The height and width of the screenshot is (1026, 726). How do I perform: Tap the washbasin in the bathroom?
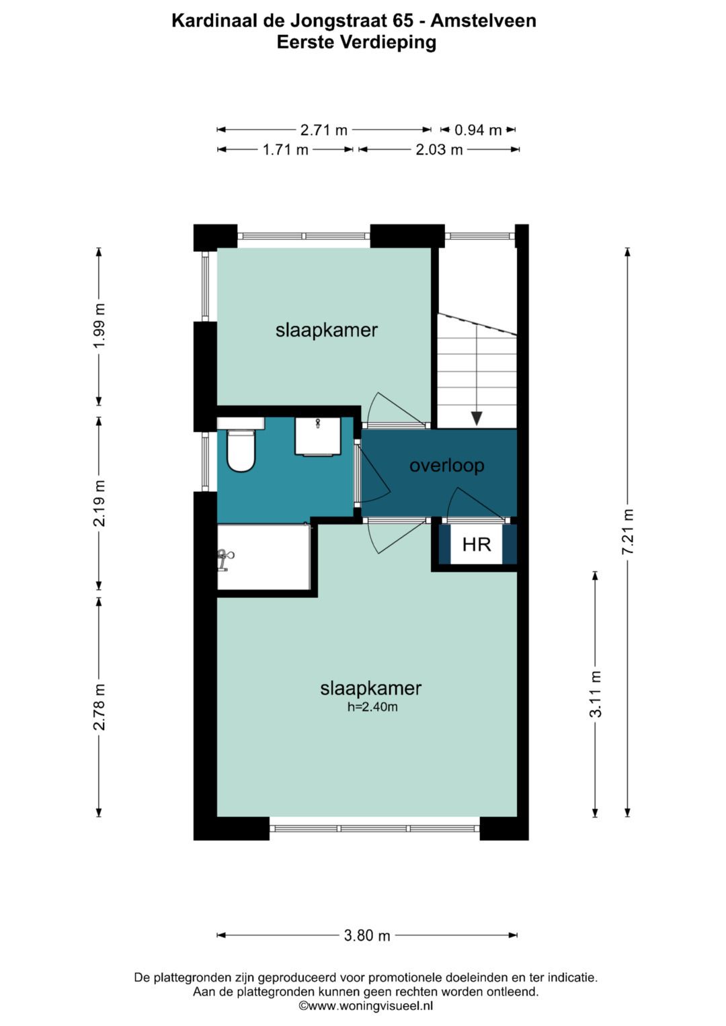(x=317, y=435)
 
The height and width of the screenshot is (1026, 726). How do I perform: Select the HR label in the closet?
(x=477, y=544)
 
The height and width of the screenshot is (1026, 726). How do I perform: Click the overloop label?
(x=446, y=465)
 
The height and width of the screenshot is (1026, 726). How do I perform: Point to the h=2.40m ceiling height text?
(x=372, y=707)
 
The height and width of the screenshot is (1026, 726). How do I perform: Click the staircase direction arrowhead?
(x=477, y=418)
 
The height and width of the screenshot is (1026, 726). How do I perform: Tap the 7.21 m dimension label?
(x=628, y=532)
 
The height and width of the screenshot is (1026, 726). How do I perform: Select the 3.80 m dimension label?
(x=367, y=935)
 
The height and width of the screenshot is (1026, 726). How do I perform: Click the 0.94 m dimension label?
(x=478, y=130)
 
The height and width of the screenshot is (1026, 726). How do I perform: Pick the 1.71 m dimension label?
(x=285, y=149)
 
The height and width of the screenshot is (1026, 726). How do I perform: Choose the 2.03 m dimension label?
(x=439, y=149)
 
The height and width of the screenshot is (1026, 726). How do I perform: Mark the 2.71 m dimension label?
(x=323, y=130)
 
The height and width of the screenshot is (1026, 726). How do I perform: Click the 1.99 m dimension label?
(x=99, y=326)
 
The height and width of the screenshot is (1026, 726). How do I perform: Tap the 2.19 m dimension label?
(x=99, y=503)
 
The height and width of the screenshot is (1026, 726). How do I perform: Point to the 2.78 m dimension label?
(x=99, y=707)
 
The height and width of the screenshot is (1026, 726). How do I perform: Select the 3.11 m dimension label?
(x=596, y=694)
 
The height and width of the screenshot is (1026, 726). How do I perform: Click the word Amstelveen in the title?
(x=483, y=21)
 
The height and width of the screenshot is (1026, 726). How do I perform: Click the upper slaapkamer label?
(x=326, y=330)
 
